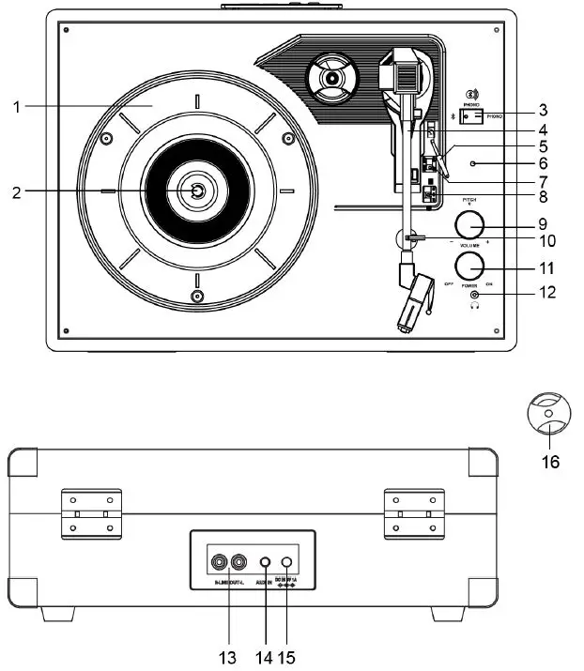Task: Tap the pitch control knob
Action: [469, 225]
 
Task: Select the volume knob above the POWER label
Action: [469, 264]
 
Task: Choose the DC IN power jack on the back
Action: [287, 565]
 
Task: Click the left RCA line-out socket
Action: [220, 565]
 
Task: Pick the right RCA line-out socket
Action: [238, 565]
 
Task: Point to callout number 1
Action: [17, 107]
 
